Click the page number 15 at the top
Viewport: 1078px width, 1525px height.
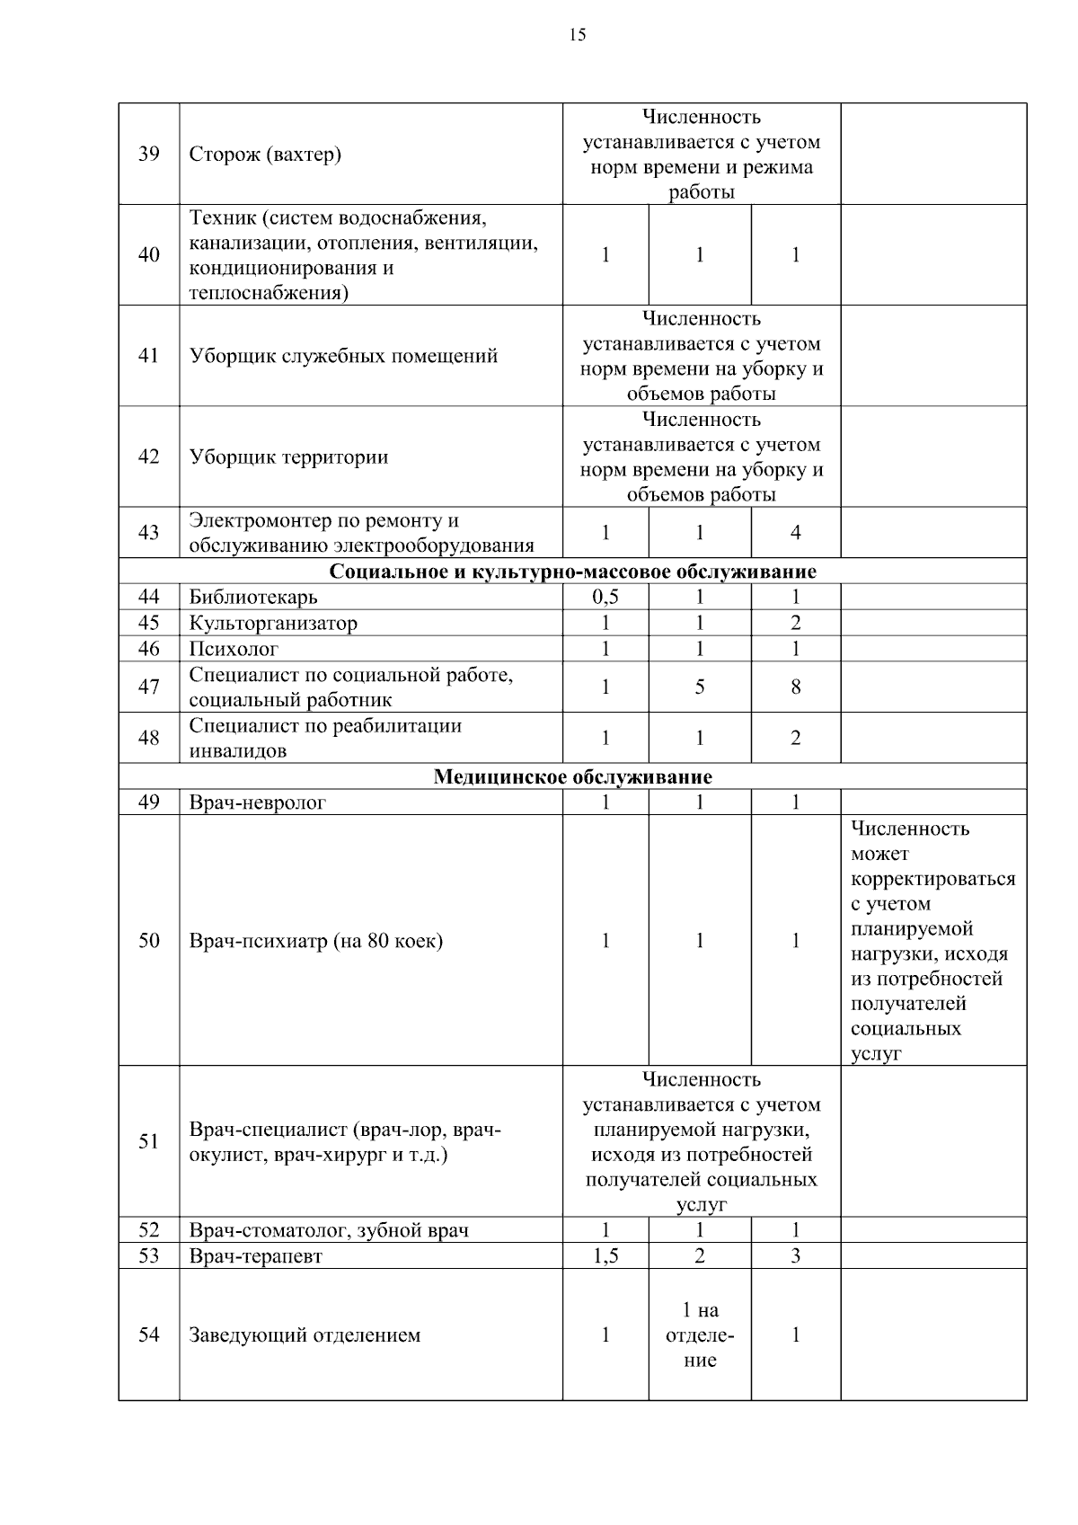click(577, 35)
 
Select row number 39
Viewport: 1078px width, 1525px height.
click(149, 154)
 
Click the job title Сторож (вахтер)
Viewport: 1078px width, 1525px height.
click(265, 155)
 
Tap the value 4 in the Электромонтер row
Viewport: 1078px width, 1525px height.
click(795, 533)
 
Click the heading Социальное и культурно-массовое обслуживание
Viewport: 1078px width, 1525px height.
click(572, 572)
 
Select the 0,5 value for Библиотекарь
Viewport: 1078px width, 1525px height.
click(605, 598)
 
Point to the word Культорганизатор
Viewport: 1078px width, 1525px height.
click(273, 624)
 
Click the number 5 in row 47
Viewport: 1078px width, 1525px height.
click(699, 687)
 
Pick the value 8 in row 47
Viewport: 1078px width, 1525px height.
click(795, 687)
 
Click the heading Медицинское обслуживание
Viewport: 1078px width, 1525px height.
click(572, 777)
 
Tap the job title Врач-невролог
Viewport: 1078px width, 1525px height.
click(258, 803)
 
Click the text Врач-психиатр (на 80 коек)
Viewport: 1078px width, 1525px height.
click(315, 941)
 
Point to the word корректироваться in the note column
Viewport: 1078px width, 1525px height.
click(932, 879)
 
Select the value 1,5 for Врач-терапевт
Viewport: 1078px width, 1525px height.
click(605, 1256)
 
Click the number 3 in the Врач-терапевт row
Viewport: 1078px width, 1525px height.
click(795, 1256)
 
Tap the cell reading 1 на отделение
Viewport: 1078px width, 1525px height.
click(700, 1335)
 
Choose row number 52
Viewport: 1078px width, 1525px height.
click(149, 1230)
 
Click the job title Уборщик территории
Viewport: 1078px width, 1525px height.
click(288, 457)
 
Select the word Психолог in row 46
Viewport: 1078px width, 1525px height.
click(234, 649)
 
